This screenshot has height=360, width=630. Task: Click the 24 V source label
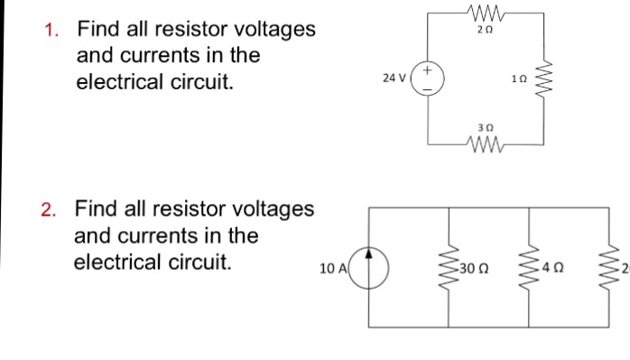coord(394,79)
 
